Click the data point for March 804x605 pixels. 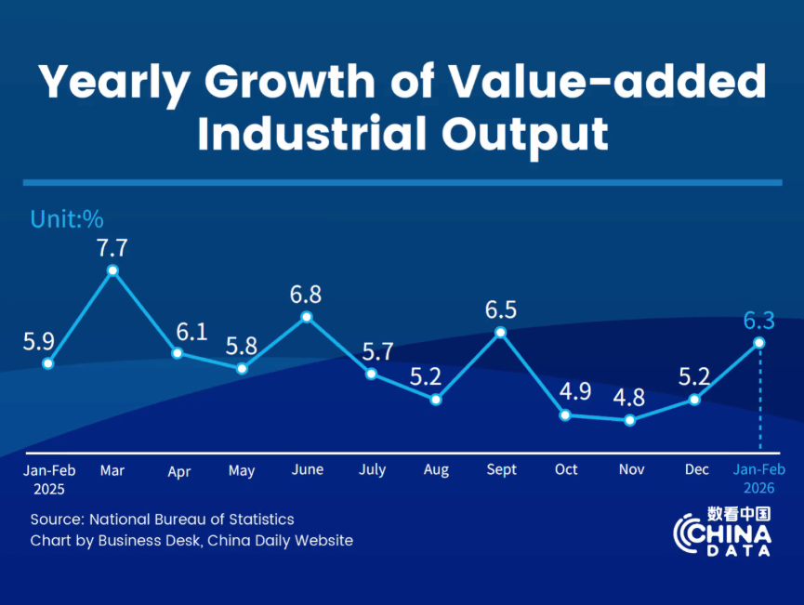(112, 270)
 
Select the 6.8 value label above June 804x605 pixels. (306, 295)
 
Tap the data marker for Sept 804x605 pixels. (501, 332)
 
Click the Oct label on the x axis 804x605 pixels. (566, 470)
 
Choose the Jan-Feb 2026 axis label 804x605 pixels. (759, 478)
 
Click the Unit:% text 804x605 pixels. (67, 220)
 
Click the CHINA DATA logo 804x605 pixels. (722, 533)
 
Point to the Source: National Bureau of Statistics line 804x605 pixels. (162, 520)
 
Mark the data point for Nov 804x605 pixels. (630, 420)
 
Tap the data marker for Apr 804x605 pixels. (177, 353)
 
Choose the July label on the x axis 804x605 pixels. (372, 470)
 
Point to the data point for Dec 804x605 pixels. (694, 400)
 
